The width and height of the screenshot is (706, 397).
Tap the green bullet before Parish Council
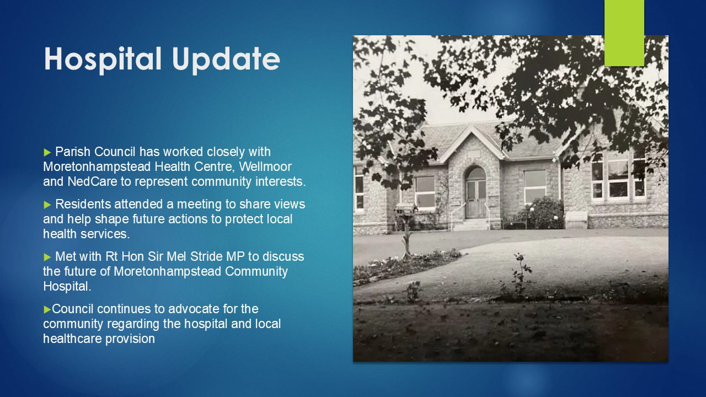(x=47, y=153)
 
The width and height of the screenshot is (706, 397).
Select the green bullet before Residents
(x=47, y=205)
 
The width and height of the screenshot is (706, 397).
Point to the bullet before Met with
(x=47, y=257)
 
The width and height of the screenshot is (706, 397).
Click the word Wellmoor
(x=265, y=167)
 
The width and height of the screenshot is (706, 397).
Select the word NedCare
(x=92, y=181)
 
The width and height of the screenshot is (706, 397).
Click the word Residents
(x=83, y=204)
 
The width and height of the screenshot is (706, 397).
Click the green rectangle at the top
(x=624, y=33)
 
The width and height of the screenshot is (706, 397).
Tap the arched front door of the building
(x=475, y=193)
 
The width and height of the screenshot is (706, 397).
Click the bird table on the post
(x=406, y=209)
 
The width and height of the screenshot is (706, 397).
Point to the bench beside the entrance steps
(x=515, y=222)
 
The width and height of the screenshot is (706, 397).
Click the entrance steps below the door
(x=472, y=224)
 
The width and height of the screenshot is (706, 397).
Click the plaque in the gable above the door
(x=474, y=154)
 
